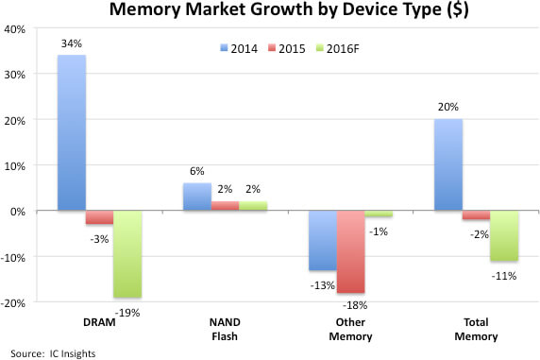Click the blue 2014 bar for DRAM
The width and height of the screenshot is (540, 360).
click(71, 132)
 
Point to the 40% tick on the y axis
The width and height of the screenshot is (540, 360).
click(16, 28)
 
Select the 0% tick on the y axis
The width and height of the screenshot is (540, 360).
click(20, 211)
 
